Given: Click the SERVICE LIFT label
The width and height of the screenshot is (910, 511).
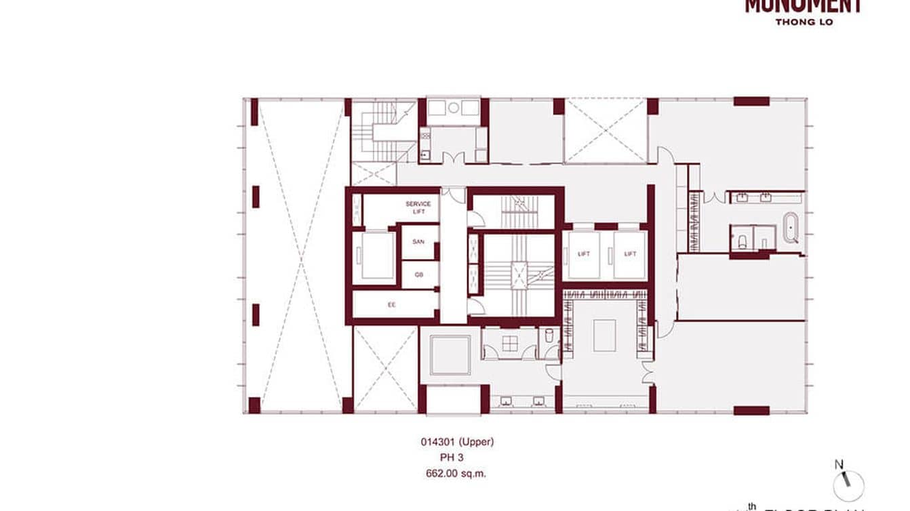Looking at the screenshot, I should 418,208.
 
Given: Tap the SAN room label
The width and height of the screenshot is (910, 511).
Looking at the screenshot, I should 418,241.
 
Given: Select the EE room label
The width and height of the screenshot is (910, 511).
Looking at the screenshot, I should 391,305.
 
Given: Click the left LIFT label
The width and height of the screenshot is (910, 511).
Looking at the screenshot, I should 584,254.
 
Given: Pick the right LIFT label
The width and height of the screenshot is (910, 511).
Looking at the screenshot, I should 630,254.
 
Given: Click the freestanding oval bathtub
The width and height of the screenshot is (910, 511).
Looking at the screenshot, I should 791,228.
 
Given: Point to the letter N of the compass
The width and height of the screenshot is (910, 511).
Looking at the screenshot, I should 839,464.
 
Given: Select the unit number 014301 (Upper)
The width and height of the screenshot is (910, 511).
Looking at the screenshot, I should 457,442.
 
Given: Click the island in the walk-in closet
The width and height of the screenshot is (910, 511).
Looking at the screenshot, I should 604,335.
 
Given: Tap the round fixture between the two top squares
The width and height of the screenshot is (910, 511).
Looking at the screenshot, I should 453,108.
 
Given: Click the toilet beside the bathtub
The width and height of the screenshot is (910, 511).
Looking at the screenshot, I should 742,239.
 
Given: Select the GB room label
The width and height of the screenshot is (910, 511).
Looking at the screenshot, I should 418,274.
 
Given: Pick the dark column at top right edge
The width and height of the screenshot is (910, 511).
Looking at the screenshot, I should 751,102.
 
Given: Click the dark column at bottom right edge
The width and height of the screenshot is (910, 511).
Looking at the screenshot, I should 751,410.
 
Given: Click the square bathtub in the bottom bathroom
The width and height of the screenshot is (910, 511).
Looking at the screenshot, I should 450,354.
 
